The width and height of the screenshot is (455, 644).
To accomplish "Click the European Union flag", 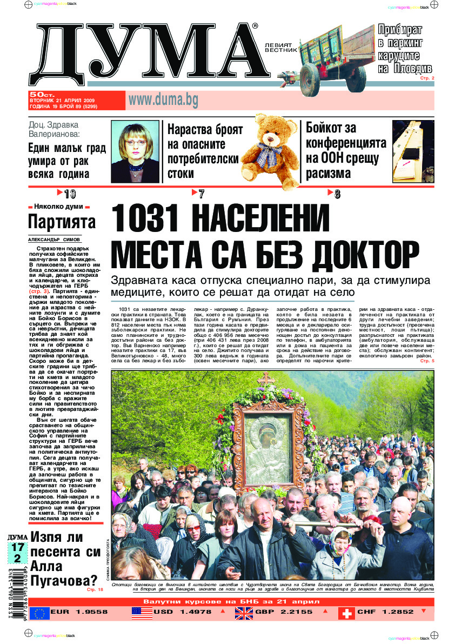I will coord(39,613).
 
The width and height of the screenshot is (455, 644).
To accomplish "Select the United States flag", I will coord(142,613).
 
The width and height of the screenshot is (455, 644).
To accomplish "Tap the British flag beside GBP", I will coord(244,613).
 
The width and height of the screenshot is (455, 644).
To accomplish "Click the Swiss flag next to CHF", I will coord(346,613).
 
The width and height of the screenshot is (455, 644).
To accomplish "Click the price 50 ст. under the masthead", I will coord(41,94).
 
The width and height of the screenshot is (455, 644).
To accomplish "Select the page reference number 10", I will coord(70,194).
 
